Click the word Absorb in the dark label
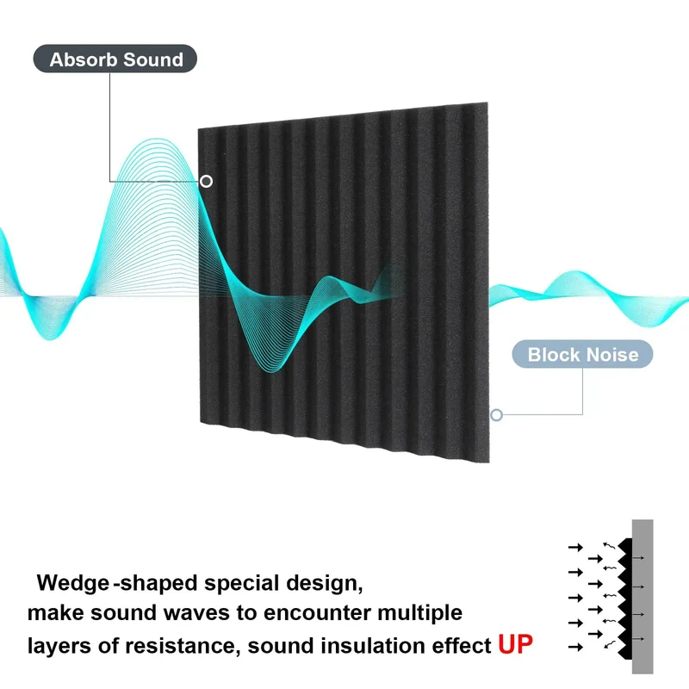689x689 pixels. pos(83,59)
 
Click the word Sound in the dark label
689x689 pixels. pos(153,59)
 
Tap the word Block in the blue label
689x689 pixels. pos(553,355)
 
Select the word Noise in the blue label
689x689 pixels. pos(612,355)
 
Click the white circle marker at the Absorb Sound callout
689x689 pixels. pos(206,181)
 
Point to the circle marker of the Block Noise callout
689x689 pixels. pos(497,415)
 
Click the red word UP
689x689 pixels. pos(515,644)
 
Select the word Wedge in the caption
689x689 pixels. pos(73,584)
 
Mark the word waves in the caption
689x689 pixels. pos(196,613)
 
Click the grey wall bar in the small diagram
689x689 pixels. pos(642,596)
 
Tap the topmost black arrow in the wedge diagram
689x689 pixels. pos(575,547)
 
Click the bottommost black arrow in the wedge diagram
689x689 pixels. pos(575,647)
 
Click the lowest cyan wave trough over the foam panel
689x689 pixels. pos(272,370)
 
